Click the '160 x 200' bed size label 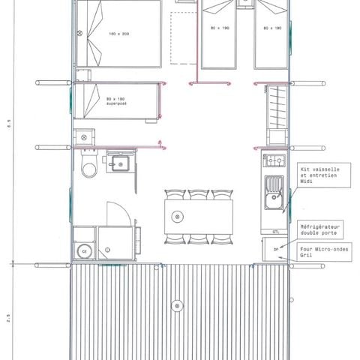(x=118, y=34)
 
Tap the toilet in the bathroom (x=89, y=168)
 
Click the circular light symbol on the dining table (x=177, y=217)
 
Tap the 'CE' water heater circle (x=83, y=250)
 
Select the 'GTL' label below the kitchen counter (x=276, y=232)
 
